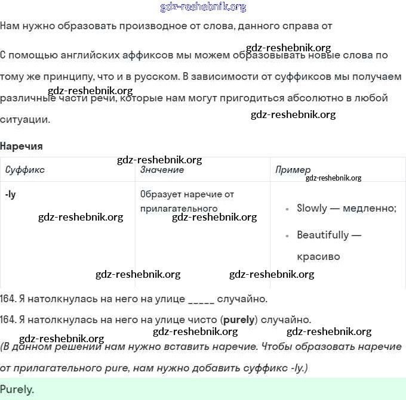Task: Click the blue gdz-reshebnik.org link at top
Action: pyautogui.click(x=203, y=7)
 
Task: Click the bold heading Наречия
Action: pyautogui.click(x=21, y=146)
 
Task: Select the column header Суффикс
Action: pyautogui.click(x=25, y=170)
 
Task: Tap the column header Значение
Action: pyautogui.click(x=162, y=170)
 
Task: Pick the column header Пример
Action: pyautogui.click(x=293, y=170)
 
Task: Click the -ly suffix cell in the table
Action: pyautogui.click(x=10, y=194)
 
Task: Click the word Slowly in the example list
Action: pyautogui.click(x=312, y=208)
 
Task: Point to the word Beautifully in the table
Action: pyautogui.click(x=322, y=235)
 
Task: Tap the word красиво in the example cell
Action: pyautogui.click(x=318, y=257)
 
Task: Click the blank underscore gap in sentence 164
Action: pyautogui.click(x=201, y=299)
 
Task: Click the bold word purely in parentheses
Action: pyautogui.click(x=239, y=320)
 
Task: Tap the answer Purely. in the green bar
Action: pyautogui.click(x=17, y=390)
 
